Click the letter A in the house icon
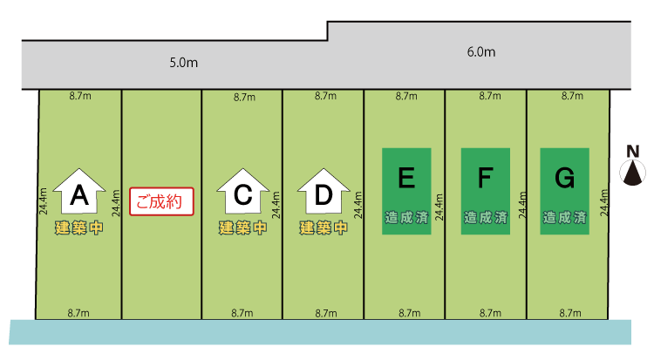79,197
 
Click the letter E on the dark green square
405,179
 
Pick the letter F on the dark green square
486,179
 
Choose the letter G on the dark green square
564,179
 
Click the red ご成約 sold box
161,201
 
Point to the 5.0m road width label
183,64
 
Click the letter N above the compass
633,150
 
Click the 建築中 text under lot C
242,228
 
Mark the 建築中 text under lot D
323,228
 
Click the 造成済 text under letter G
564,218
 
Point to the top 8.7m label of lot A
79,96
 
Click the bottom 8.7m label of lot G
570,313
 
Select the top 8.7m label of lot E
405,96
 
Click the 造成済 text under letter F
486,218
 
